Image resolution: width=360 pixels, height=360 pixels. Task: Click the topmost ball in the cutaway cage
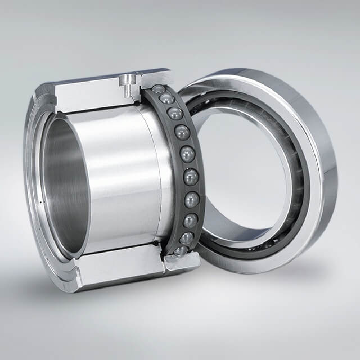[x=159, y=89]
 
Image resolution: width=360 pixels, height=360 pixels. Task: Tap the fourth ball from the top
[x=182, y=132]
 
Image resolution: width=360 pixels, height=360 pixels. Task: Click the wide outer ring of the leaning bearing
[x=323, y=169]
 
